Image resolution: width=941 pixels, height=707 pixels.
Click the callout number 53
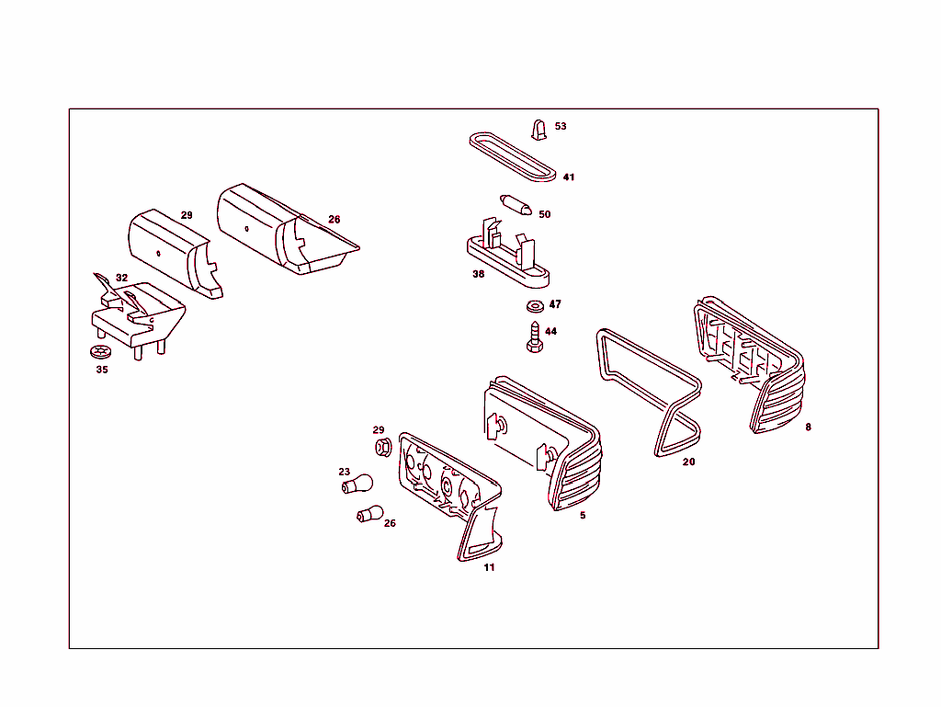point(561,126)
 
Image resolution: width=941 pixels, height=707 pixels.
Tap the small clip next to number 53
point(539,131)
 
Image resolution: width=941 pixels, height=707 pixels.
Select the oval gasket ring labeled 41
point(513,156)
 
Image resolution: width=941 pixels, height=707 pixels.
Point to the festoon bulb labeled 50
point(516,205)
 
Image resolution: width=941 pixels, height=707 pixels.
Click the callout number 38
point(478,274)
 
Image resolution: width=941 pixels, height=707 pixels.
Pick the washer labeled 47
point(535,307)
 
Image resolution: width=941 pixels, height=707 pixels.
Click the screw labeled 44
point(534,337)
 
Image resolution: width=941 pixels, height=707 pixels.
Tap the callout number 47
point(555,304)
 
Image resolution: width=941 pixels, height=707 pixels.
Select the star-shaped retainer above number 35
point(100,352)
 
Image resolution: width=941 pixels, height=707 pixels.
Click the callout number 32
point(122,278)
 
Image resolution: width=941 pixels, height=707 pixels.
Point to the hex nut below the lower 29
point(383,447)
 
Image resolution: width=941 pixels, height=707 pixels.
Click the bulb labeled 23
point(357,484)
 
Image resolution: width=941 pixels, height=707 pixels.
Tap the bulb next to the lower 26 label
point(369,514)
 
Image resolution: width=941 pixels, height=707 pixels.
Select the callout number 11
point(489,567)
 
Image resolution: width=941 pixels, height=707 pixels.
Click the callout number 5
point(583,516)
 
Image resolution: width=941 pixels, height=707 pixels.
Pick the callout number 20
point(689,462)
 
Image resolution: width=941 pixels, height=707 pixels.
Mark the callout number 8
point(809,428)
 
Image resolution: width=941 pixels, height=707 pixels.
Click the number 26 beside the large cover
point(334,220)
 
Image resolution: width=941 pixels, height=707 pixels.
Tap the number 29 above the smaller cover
point(187,215)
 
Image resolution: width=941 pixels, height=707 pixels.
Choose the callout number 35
point(102,370)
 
